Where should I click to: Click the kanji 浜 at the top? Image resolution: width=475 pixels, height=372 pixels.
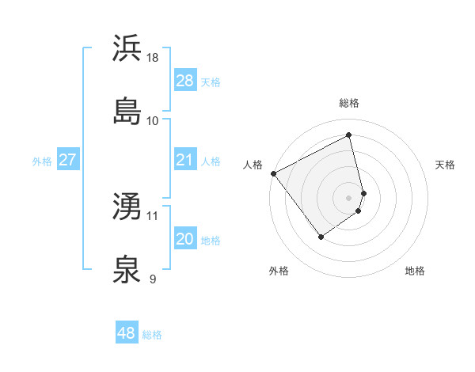[x=127, y=48]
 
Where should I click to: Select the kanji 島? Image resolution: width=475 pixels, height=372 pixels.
[x=127, y=111]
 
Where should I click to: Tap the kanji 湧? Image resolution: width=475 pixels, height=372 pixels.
[x=127, y=207]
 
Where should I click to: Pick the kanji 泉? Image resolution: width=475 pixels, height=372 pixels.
[x=127, y=269]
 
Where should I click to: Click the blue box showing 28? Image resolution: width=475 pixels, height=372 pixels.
[x=184, y=80]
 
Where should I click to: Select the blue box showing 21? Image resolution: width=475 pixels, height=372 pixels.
[x=184, y=160]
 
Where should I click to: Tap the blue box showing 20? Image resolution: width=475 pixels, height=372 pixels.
[x=184, y=239]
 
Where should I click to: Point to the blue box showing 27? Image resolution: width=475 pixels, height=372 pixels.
[x=67, y=160]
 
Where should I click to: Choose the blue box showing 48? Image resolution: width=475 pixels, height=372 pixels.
[x=126, y=333]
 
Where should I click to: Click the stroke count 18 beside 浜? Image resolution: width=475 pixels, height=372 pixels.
[x=154, y=57]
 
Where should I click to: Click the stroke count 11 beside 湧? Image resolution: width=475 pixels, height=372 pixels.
[x=153, y=215]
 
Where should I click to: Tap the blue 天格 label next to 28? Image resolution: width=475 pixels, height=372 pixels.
[x=210, y=82]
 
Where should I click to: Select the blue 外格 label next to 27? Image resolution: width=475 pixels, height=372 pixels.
[x=42, y=161]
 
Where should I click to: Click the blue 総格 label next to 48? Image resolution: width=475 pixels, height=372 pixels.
[x=152, y=335]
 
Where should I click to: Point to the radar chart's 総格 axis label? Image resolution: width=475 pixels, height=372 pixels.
[x=349, y=103]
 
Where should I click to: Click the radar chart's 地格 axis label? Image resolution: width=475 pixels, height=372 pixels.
[x=415, y=271]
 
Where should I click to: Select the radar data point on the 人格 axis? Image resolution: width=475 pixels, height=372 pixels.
[x=273, y=173]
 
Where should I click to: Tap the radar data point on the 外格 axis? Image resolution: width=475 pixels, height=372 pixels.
[x=321, y=236]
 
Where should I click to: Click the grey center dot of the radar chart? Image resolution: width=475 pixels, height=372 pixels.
[x=349, y=196]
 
